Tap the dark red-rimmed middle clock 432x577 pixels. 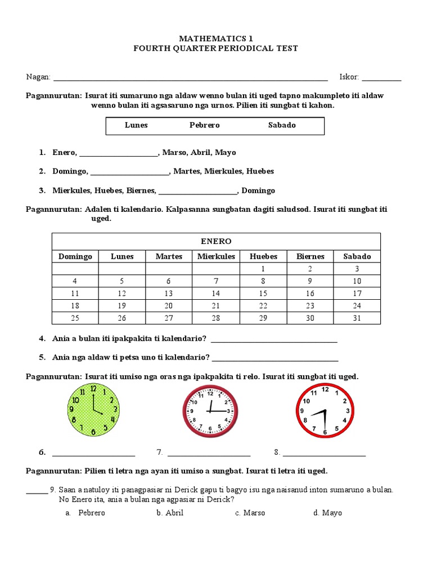click(210, 411)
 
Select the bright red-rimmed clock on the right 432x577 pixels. click(325, 411)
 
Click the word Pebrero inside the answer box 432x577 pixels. click(204, 125)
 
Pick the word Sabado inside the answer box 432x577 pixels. click(282, 125)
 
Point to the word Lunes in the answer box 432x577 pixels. click(136, 125)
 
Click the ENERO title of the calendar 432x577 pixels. click(216, 241)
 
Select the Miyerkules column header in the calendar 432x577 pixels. click(216, 256)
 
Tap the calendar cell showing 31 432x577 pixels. click(357, 318)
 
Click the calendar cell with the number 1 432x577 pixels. click(263, 269)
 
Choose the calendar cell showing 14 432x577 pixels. click(216, 294)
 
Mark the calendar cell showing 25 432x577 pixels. click(75, 318)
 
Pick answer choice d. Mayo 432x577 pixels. click(328, 513)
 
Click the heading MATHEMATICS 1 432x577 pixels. click(216, 38)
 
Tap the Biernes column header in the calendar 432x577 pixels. click(310, 256)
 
